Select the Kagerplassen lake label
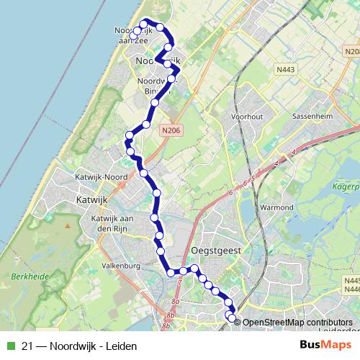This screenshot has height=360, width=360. pos(344,186)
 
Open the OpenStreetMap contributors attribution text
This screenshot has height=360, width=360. pos(297,323)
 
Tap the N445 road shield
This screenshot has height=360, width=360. pos(351,281)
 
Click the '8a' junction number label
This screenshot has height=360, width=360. pos(174,302)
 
